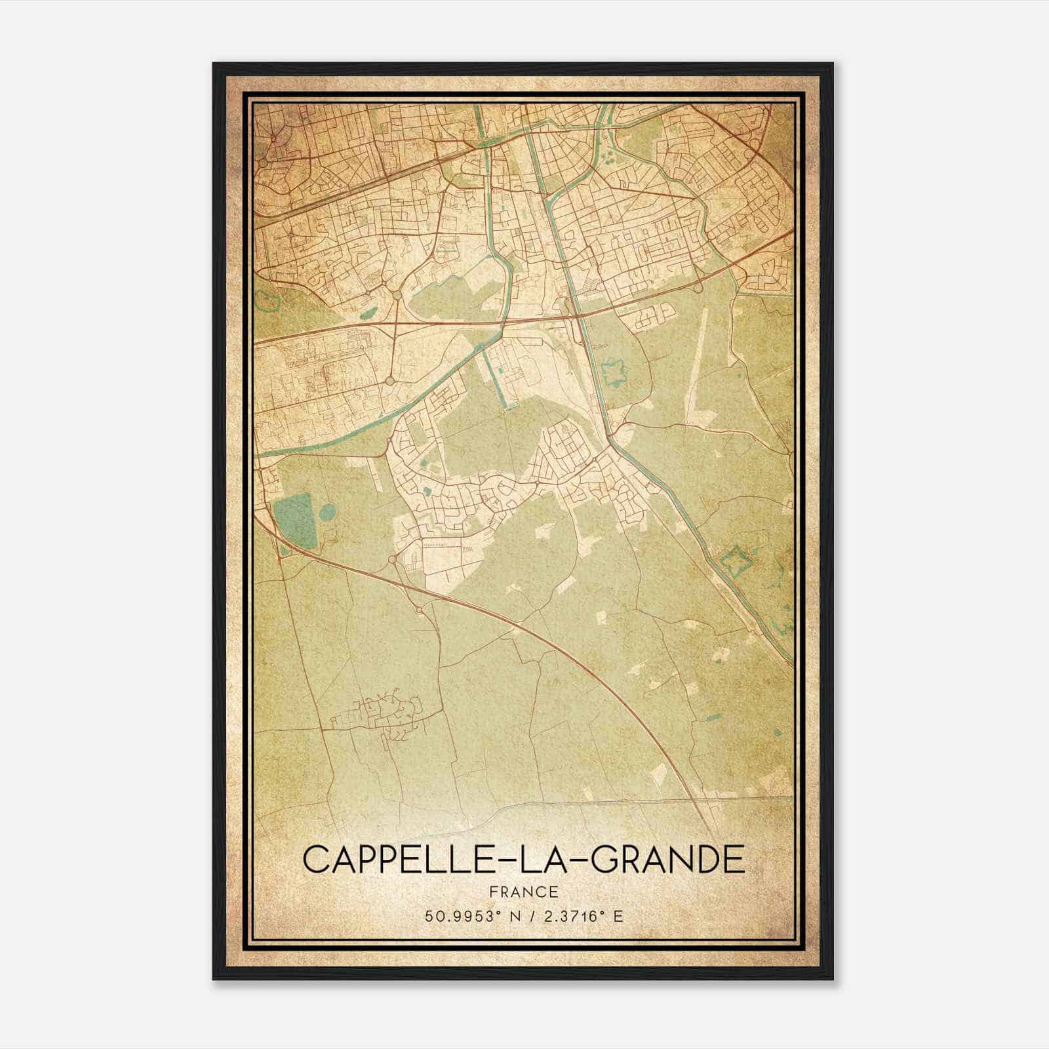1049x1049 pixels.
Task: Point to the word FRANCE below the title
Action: [524, 892]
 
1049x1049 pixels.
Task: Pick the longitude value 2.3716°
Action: [575, 916]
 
